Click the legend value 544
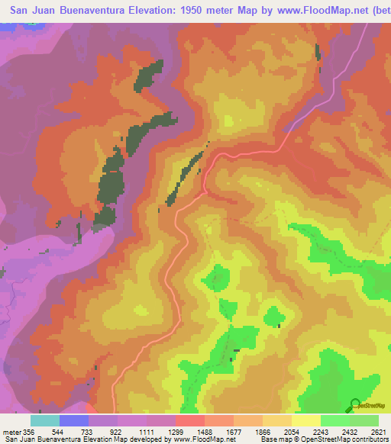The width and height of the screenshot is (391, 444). [x=60, y=431]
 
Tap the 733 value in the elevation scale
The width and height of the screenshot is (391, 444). [x=89, y=431]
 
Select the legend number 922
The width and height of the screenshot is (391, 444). [x=117, y=431]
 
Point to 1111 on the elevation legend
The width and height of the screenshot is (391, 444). [x=147, y=431]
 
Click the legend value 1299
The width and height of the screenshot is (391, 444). [x=176, y=431]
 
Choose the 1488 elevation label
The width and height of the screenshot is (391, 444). [x=205, y=431]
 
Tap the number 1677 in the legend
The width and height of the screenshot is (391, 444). [x=234, y=431]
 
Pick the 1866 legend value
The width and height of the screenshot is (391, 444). [x=263, y=431]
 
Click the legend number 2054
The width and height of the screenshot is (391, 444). [x=292, y=431]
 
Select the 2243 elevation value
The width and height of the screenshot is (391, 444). [x=322, y=431]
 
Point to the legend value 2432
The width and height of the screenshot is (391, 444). [x=351, y=431]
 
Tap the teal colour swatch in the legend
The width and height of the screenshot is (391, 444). [x=45, y=420]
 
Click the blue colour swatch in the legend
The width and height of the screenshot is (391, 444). [x=74, y=420]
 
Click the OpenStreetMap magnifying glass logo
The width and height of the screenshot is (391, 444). [x=355, y=404]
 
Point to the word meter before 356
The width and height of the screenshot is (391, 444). [x=12, y=431]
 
